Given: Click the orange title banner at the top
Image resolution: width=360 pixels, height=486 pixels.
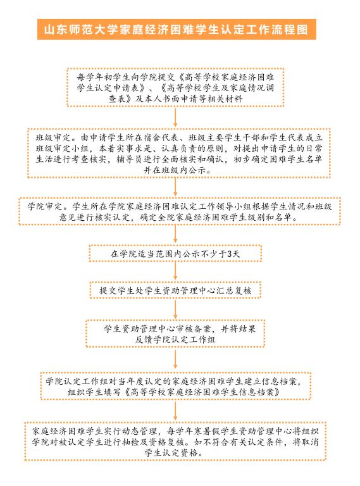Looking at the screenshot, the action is [177, 30].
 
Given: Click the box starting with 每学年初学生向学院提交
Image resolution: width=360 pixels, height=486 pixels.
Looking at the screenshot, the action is [175, 87].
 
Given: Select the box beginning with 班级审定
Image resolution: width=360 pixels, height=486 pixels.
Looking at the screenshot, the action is [179, 153].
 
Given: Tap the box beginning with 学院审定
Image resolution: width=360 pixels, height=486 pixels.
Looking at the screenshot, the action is [180, 211].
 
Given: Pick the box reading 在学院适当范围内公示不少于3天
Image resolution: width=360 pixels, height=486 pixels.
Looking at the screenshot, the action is [175, 254].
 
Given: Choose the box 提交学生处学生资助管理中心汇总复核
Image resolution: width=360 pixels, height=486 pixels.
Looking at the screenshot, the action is [175, 290].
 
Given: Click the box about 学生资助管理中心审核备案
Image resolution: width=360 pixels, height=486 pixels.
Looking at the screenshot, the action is [175, 333].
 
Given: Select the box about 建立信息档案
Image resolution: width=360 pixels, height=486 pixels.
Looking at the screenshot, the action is [175, 386].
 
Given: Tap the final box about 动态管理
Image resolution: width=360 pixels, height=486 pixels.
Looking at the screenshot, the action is [175, 441].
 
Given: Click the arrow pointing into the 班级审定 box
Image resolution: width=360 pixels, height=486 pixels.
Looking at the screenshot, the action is [175, 118].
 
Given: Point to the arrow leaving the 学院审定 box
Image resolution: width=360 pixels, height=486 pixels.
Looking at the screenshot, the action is [175, 235].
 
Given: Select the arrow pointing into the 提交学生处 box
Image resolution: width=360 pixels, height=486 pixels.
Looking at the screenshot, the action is [175, 272].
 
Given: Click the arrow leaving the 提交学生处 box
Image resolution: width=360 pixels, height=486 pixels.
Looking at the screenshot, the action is [175, 309].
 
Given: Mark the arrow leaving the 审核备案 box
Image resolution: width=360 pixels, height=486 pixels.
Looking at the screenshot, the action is [175, 360].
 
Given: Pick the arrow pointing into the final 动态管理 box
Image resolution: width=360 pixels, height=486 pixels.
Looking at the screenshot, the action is [175, 411].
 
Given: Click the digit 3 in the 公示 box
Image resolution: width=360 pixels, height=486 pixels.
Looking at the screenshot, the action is [230, 254].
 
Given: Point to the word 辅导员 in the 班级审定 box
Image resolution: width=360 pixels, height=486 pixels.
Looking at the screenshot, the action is [129, 159].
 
